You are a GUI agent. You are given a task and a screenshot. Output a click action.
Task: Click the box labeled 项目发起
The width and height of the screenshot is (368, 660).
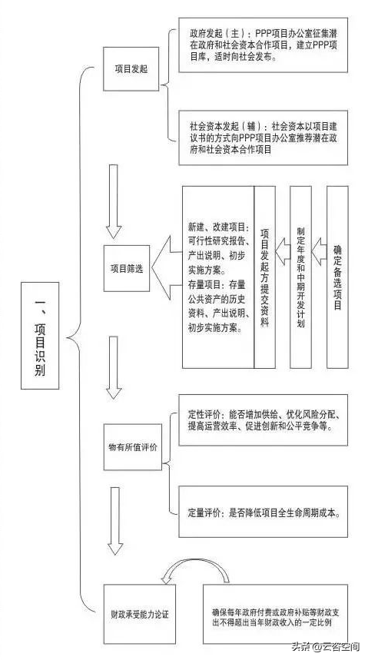(131, 68)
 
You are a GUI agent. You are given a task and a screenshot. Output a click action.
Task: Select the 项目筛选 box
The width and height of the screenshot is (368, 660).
(127, 269)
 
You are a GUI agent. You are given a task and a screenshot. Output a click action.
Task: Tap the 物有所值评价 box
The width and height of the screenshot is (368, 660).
(133, 447)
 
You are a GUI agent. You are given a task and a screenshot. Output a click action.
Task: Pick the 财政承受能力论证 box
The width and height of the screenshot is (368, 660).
(139, 614)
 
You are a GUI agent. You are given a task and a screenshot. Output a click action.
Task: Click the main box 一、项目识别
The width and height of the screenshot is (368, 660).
(40, 336)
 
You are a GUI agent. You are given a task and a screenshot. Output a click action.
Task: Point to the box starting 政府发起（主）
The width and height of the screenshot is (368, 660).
(264, 45)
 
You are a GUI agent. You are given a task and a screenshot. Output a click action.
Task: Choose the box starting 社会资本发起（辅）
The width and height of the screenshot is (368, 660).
(264, 138)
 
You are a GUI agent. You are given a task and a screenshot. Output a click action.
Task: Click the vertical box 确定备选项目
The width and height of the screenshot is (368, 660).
(338, 277)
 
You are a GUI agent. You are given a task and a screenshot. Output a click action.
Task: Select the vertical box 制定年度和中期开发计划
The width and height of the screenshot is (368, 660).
(300, 277)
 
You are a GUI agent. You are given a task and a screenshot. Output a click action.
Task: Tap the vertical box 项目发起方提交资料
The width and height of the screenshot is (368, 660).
(265, 277)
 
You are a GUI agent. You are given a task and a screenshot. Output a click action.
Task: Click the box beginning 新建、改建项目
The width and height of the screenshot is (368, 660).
(218, 277)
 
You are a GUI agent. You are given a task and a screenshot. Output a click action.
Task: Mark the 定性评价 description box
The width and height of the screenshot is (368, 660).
(264, 420)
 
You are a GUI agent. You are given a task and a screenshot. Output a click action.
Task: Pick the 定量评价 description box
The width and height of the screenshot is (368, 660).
(264, 512)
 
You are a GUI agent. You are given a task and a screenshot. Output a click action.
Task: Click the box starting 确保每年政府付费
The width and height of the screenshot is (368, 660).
(275, 614)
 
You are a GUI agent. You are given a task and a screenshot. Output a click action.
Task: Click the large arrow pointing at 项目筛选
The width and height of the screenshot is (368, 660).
(161, 268)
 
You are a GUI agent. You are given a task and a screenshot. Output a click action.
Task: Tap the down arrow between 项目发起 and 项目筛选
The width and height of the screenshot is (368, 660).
(113, 201)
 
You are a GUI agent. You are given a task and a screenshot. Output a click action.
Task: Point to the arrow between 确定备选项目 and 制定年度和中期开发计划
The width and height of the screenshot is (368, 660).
(320, 252)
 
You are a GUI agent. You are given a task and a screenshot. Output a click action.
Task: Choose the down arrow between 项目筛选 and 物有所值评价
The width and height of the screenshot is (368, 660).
(114, 367)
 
